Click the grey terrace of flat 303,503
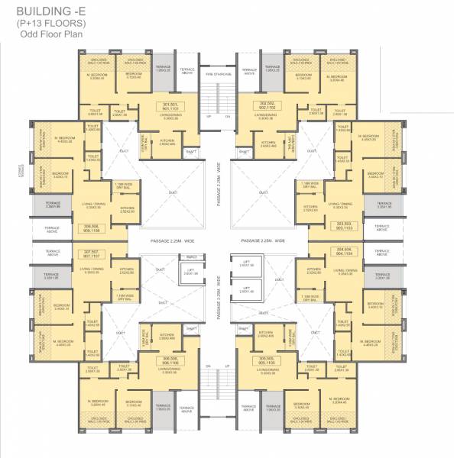click(383, 205)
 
